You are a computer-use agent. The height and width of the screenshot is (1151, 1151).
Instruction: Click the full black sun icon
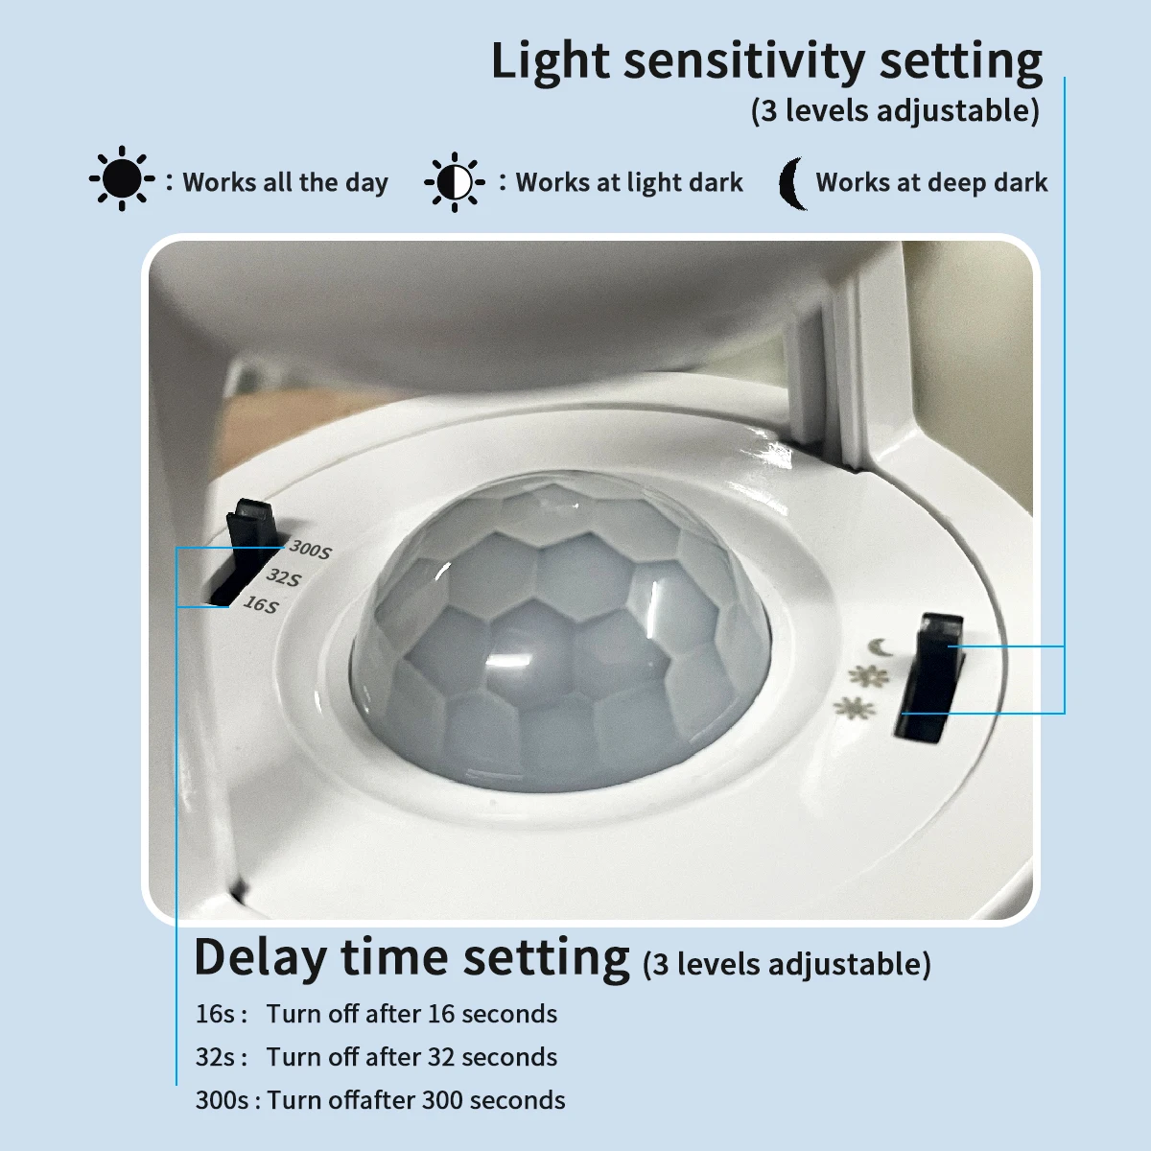pyautogui.click(x=122, y=178)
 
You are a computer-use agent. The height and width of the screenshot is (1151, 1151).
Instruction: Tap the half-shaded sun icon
pyautogui.click(x=455, y=182)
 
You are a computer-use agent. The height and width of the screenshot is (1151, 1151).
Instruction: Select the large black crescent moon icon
pyautogui.click(x=792, y=183)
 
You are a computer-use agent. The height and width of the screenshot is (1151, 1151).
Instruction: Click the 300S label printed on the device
pyautogui.click(x=310, y=550)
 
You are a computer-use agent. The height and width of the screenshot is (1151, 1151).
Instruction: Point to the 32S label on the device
pyautogui.click(x=283, y=577)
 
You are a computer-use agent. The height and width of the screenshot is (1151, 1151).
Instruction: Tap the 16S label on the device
pyautogui.click(x=261, y=604)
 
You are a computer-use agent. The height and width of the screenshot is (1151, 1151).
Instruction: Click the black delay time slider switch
pyautogui.click(x=247, y=551)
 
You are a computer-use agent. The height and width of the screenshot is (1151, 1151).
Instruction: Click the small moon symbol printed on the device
pyautogui.click(x=881, y=646)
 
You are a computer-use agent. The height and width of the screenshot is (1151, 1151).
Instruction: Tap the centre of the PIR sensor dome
pyautogui.click(x=560, y=632)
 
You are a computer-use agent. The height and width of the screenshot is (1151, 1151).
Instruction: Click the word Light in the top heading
pyautogui.click(x=551, y=62)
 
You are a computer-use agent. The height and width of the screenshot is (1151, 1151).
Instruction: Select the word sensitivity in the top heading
pyautogui.click(x=743, y=62)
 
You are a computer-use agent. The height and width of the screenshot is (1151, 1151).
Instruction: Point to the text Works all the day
pyautogui.click(x=285, y=182)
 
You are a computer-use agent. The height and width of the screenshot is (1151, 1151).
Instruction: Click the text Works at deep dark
pyautogui.click(x=931, y=182)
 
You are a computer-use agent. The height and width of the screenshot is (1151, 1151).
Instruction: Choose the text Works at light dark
pyautogui.click(x=629, y=182)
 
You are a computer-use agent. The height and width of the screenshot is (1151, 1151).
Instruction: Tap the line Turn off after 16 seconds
pyautogui.click(x=411, y=1014)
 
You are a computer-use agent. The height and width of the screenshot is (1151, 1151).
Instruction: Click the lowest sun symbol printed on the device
pyautogui.click(x=854, y=709)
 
